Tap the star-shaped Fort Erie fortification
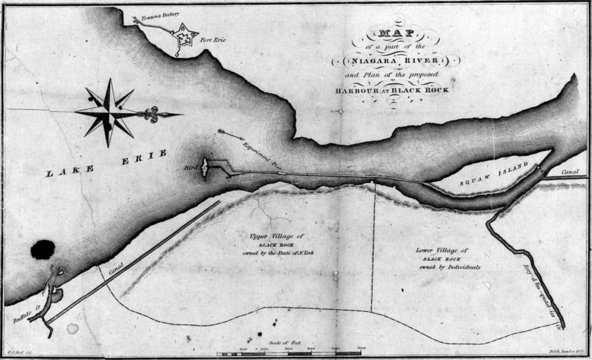[184, 41]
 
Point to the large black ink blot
[43, 251]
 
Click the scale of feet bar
[297, 352]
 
